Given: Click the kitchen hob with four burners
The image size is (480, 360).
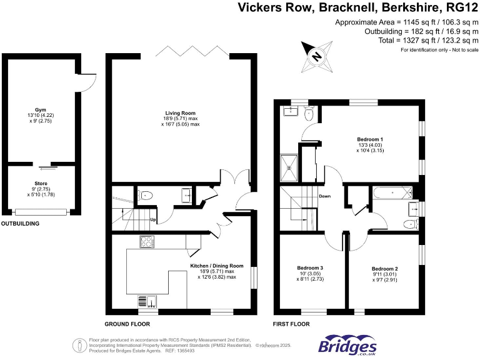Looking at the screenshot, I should [147, 241].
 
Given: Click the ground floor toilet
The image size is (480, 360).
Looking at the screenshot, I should [145, 195].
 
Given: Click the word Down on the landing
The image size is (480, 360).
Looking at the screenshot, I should [325, 196].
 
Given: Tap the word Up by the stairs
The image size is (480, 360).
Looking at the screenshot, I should [152, 219].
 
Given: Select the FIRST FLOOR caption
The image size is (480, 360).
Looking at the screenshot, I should [291, 324].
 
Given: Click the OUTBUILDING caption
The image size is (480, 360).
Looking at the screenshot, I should [20, 223].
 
